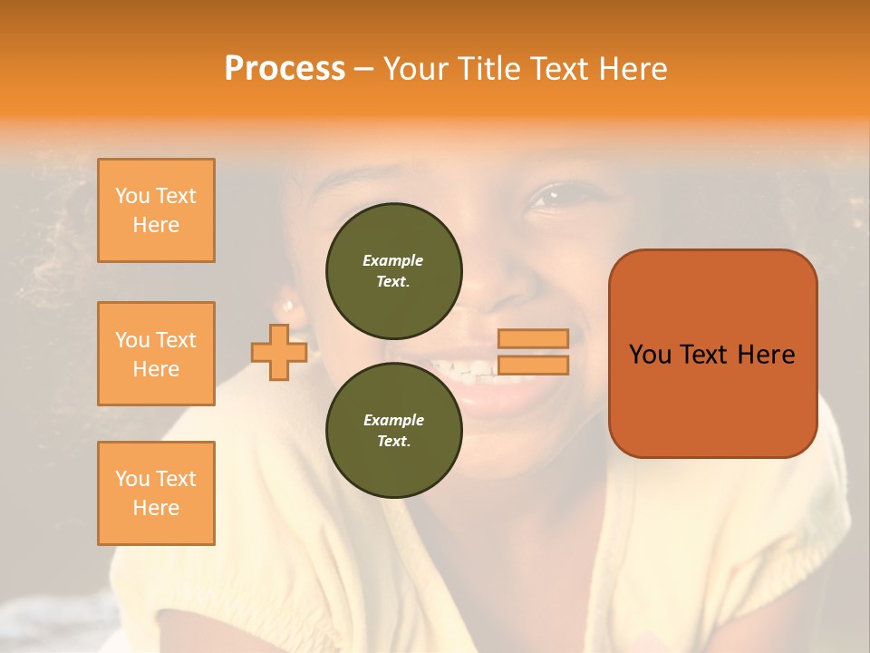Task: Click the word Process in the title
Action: pos(285,68)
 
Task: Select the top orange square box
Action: pos(156,210)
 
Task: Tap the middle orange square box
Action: pos(156,354)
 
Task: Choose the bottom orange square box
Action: pos(156,493)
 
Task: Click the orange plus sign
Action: pos(279,353)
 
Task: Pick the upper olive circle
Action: pos(394,270)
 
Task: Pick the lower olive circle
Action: pos(394,430)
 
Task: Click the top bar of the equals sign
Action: pos(534,338)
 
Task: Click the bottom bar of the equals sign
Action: pos(534,365)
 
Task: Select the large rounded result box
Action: pos(712,354)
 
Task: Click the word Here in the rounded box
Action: pos(766,355)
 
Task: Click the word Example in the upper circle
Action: pos(393,260)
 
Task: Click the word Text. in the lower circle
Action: pos(393,442)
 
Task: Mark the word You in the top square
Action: pos(132,196)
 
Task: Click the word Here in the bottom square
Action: pos(156,508)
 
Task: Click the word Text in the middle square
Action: pos(175,340)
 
